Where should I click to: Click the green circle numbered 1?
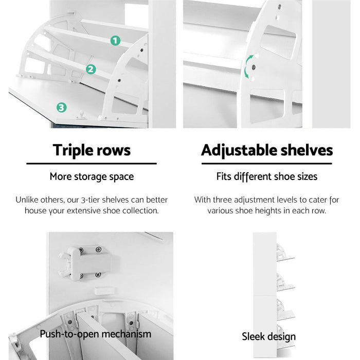(x=115, y=40)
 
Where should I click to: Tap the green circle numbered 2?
(x=91, y=69)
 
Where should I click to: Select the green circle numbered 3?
(x=61, y=107)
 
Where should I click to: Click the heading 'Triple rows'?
(x=92, y=150)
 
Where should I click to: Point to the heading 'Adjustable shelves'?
(x=266, y=150)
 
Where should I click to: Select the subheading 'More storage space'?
(x=92, y=176)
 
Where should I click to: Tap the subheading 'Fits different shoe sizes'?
(x=266, y=176)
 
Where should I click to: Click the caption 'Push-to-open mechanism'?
(x=96, y=334)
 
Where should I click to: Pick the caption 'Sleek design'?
(x=268, y=336)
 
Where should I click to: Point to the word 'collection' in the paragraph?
(x=139, y=210)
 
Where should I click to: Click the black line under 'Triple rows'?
(x=92, y=164)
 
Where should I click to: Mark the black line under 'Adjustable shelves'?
(x=266, y=164)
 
